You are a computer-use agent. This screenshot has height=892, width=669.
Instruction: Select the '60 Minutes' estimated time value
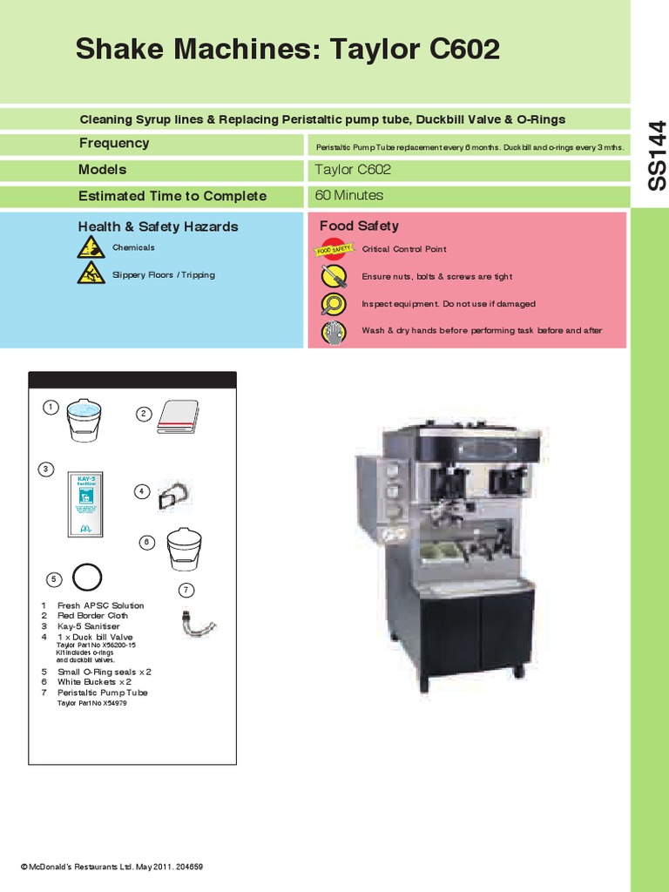point(348,196)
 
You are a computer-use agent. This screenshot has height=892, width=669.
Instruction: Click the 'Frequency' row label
point(114,144)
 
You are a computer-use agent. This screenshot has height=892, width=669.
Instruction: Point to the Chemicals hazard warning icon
point(91,249)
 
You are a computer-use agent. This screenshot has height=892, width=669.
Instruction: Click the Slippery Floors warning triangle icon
point(91,276)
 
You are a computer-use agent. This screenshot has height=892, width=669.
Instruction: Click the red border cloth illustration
point(179,417)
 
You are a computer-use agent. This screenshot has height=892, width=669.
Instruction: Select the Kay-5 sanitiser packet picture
point(85,503)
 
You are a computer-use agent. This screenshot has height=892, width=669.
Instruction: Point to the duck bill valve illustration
point(173,497)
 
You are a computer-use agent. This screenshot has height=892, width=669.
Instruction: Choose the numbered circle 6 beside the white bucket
point(147,543)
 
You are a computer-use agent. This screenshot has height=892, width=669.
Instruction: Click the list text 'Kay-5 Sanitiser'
point(88,626)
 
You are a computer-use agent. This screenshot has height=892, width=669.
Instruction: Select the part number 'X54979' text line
point(91,702)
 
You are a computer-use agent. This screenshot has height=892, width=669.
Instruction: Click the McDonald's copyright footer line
point(111,867)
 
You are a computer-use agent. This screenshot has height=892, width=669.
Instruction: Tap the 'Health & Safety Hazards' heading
point(158,226)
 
